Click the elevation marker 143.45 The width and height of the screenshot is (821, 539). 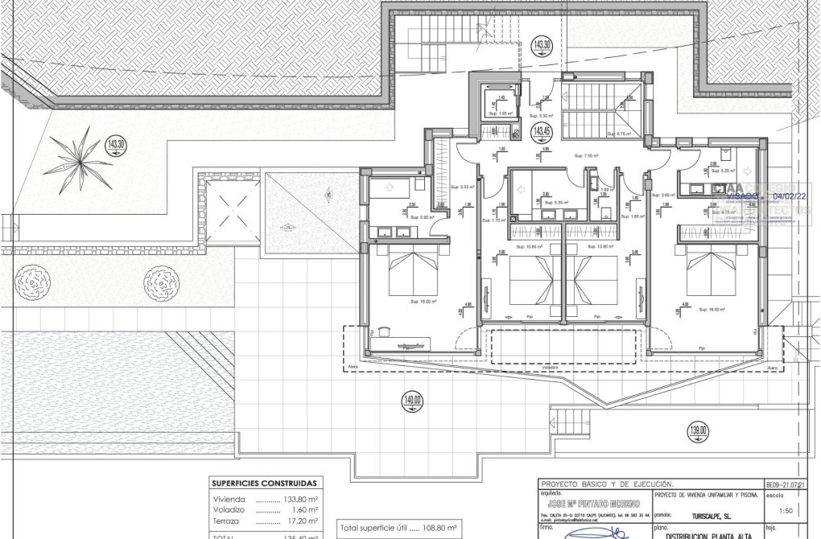pos(542,131)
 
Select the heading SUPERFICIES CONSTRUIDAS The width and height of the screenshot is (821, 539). pos(263,483)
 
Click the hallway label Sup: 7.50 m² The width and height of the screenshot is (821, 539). pos(588,155)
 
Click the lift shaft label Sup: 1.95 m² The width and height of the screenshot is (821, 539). pos(502,113)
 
